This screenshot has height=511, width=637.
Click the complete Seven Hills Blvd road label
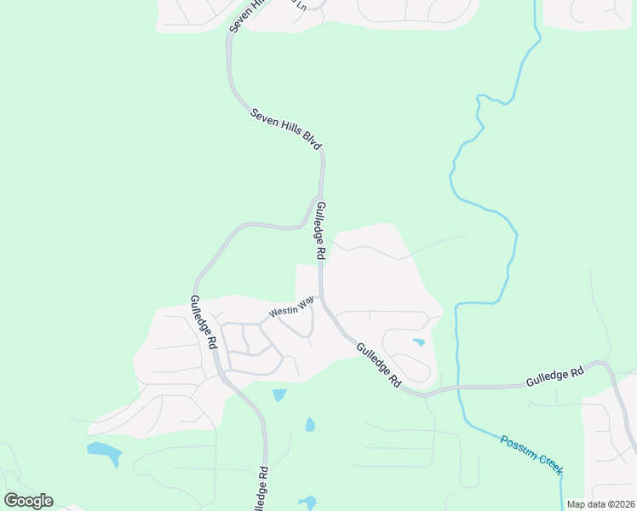click(x=286, y=130)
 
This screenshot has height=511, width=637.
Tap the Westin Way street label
click(x=291, y=307)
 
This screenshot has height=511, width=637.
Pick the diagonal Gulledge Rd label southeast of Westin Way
click(x=378, y=365)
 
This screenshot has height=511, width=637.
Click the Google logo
click(x=28, y=501)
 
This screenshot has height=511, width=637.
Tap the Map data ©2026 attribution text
click(x=600, y=504)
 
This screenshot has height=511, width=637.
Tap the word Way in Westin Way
click(x=306, y=301)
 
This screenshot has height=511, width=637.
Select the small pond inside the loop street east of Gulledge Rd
click(x=418, y=342)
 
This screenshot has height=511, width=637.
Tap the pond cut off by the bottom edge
click(x=307, y=502)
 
